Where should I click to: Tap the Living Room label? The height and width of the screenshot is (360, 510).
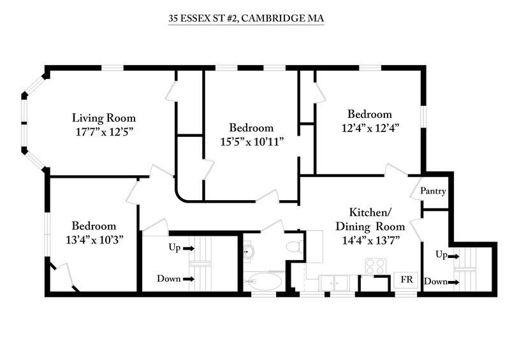pyautogui.click(x=104, y=118)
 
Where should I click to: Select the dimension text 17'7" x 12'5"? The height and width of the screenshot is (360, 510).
pyautogui.click(x=105, y=132)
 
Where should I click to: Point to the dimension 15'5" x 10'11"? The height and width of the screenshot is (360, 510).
pyautogui.click(x=252, y=141)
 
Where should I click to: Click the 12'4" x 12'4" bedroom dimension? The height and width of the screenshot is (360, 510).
pyautogui.click(x=370, y=128)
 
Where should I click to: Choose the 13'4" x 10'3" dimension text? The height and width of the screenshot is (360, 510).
pyautogui.click(x=94, y=240)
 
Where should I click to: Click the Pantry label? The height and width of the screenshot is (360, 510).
pyautogui.click(x=433, y=191)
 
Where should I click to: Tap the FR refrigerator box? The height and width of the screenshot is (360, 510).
pyautogui.click(x=407, y=280)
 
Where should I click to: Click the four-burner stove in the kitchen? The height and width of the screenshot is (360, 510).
pyautogui.click(x=375, y=266)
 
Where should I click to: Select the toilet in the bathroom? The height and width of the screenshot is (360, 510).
pyautogui.click(x=295, y=246)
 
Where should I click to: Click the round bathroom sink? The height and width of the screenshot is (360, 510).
pyautogui.click(x=249, y=251)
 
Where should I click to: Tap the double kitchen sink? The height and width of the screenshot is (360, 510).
pyautogui.click(x=334, y=282)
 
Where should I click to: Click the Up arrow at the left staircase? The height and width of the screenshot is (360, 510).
pyautogui.click(x=189, y=248)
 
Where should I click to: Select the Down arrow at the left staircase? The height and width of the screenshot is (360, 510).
pyautogui.click(x=189, y=279)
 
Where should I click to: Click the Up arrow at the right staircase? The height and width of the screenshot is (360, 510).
pyautogui.click(x=454, y=257)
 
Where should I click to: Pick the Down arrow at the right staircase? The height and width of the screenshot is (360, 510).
pyautogui.click(x=454, y=283)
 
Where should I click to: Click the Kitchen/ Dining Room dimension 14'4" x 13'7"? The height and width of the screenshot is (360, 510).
pyautogui.click(x=371, y=240)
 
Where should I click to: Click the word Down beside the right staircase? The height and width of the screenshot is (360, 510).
pyautogui.click(x=436, y=281)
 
